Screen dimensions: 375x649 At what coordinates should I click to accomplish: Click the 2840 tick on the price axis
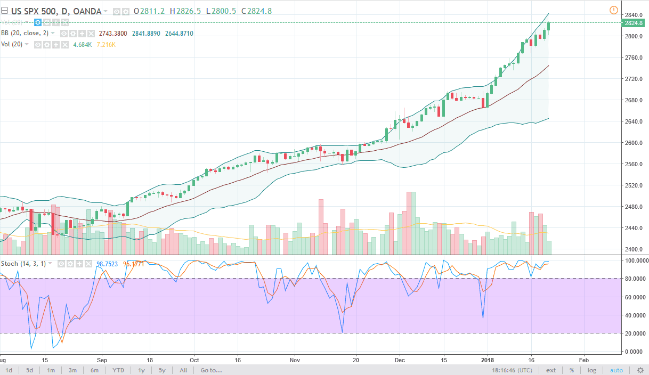pyautogui.click(x=633, y=14)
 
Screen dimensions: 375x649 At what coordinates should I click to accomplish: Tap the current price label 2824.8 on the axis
pyautogui.click(x=634, y=23)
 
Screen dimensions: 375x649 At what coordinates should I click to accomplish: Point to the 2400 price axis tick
pyautogui.click(x=633, y=249)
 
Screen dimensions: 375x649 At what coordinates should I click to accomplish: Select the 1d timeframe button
pyautogui.click(x=9, y=370)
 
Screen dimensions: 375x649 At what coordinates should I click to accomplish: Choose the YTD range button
pyautogui.click(x=118, y=370)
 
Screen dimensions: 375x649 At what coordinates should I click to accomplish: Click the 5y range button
pyautogui.click(x=162, y=370)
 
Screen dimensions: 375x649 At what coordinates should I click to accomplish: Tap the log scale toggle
pyautogui.click(x=592, y=370)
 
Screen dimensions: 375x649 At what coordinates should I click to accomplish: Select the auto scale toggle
pyautogui.click(x=616, y=370)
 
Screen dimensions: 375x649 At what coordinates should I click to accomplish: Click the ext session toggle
pyautogui.click(x=551, y=370)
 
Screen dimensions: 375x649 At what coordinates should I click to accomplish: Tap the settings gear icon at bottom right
pyautogui.click(x=640, y=370)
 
